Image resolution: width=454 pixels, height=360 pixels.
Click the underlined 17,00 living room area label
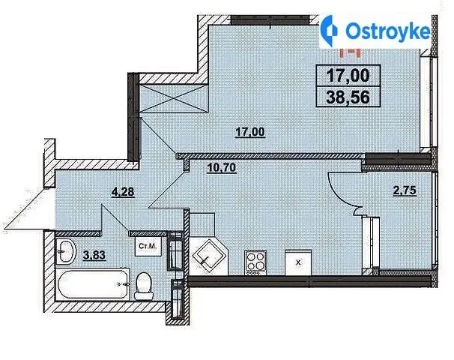[x=250, y=132]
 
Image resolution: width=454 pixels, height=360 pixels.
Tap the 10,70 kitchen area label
[x=222, y=167]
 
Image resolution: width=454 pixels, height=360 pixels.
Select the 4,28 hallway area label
[x=124, y=192]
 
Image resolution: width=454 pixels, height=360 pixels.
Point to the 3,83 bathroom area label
[x=94, y=255]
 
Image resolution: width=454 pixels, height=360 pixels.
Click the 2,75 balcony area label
[x=405, y=190]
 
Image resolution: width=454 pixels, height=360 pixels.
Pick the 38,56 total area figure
[x=348, y=97]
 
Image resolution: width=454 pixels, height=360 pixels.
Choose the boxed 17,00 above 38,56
[x=348, y=75]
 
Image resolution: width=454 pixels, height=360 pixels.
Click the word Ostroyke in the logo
[x=388, y=31]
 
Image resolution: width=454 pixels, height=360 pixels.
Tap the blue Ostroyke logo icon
[x=329, y=31]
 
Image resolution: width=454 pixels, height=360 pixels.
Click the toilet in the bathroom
[x=144, y=286]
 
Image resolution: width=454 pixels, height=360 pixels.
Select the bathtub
[x=94, y=284]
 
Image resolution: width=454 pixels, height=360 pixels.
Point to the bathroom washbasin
[x=65, y=251]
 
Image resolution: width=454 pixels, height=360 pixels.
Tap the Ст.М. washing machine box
[x=148, y=246]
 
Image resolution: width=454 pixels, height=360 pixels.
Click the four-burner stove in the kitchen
[x=255, y=262]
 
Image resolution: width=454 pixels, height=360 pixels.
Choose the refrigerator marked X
[x=298, y=262]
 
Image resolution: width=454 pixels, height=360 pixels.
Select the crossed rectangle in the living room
[x=174, y=98]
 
